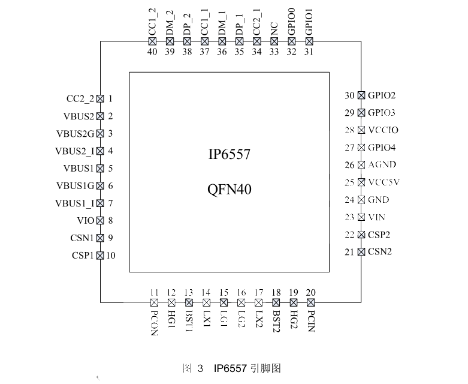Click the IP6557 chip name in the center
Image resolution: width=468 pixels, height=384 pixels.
pyautogui.click(x=230, y=154)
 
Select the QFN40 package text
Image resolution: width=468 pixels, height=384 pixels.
pyautogui.click(x=230, y=189)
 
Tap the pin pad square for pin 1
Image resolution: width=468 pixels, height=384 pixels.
pyautogui.click(x=100, y=98)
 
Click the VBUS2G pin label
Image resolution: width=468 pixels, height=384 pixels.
pyautogui.click(x=76, y=134)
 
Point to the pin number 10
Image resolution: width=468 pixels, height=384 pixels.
pyautogui.click(x=111, y=256)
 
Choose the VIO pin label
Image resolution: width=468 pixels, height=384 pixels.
pyautogui.click(x=86, y=221)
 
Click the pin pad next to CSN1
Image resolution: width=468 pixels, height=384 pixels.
pyautogui.click(x=100, y=238)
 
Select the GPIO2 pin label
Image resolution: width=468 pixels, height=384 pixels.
pyautogui.click(x=382, y=95)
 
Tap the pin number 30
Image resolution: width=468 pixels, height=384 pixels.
pyautogui.click(x=350, y=95)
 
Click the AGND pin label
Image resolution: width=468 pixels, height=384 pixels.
pyautogui.click(x=382, y=164)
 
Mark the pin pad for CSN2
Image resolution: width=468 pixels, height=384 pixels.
pyautogui.click(x=361, y=252)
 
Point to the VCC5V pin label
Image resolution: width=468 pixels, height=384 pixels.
pyautogui.click(x=384, y=182)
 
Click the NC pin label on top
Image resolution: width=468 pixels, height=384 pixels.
pyautogui.click(x=274, y=29)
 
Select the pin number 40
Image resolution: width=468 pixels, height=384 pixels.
pyautogui.click(x=152, y=52)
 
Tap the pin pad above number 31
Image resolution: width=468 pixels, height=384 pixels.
pyautogui.click(x=309, y=41)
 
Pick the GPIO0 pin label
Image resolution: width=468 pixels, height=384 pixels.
pyautogui.click(x=292, y=22)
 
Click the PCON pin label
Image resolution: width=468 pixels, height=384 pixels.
pyautogui.click(x=154, y=323)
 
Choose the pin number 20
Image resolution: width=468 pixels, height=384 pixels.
pyautogui.click(x=311, y=293)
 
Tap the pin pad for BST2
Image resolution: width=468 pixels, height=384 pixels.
pyautogui.click(x=276, y=303)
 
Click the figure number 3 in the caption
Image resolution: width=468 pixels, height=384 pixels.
pyautogui.click(x=200, y=368)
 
